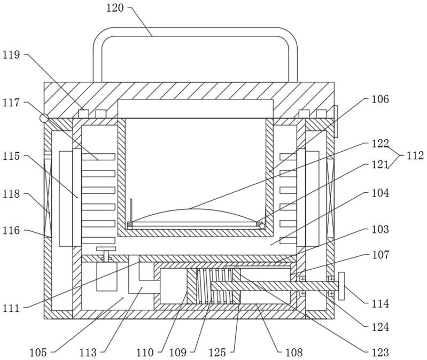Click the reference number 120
[115, 8]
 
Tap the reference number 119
[11, 54]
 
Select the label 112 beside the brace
[415, 155]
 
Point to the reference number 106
[381, 99]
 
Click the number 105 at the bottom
[38, 353]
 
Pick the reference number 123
[381, 353]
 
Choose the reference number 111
[11, 309]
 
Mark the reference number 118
[11, 194]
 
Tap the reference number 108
[294, 353]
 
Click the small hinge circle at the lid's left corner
[44, 119]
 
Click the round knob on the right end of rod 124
[341, 286]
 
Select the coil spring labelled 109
[214, 286]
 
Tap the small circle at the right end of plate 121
[262, 226]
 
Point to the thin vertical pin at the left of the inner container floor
[131, 210]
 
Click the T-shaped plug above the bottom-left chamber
[106, 254]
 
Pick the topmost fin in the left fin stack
[98, 156]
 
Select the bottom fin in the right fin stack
[288, 240]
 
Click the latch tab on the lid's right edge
[336, 121]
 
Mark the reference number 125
[218, 353]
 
